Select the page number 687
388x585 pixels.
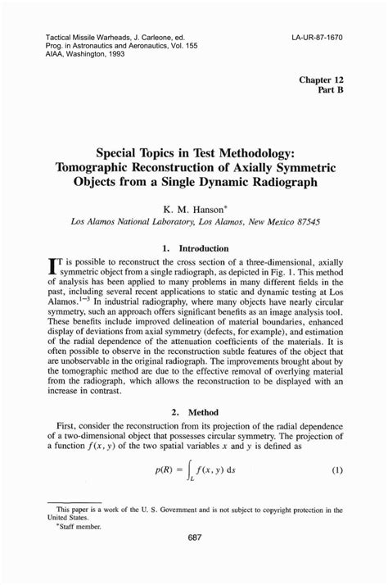[x=194, y=560]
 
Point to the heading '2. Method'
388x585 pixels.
[x=194, y=414]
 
